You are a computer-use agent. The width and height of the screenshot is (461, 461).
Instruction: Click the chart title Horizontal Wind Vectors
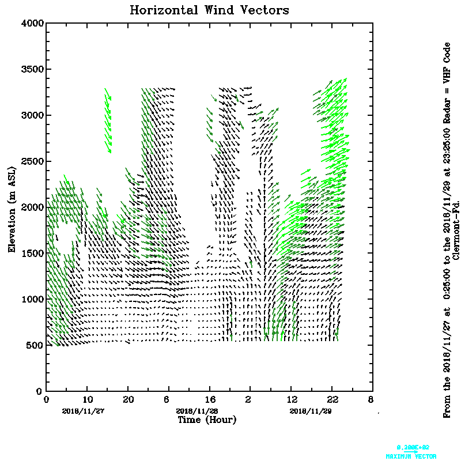click(209, 10)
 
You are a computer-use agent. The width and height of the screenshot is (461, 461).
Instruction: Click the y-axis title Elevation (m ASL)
click(12, 207)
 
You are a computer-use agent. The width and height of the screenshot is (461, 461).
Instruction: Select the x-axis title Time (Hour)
click(206, 420)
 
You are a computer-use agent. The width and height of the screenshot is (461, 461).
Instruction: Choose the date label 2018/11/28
click(197, 411)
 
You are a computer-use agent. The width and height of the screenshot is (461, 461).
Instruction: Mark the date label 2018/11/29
click(311, 411)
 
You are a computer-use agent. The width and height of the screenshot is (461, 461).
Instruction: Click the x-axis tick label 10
click(87, 399)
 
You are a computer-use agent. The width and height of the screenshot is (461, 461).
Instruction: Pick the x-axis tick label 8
click(371, 399)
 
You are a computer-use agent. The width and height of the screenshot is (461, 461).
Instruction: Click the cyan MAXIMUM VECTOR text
click(411, 456)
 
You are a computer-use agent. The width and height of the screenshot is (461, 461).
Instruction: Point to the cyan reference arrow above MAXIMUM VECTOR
click(411, 451)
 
